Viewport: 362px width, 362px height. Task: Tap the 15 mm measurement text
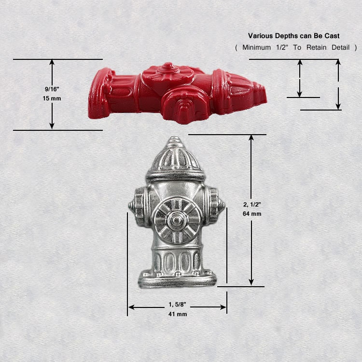click(x=52, y=98)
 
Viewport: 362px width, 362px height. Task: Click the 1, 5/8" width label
click(x=177, y=304)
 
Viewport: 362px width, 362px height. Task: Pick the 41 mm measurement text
click(x=177, y=314)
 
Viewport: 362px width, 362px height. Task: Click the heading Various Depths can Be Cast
click(x=293, y=36)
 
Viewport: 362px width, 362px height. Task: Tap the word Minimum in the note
click(x=257, y=47)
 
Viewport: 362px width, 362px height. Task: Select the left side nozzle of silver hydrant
click(x=137, y=207)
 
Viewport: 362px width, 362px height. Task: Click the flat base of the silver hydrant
click(x=177, y=280)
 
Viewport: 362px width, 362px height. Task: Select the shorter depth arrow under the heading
click(x=300, y=78)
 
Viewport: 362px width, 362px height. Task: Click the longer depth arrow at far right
click(x=338, y=84)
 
